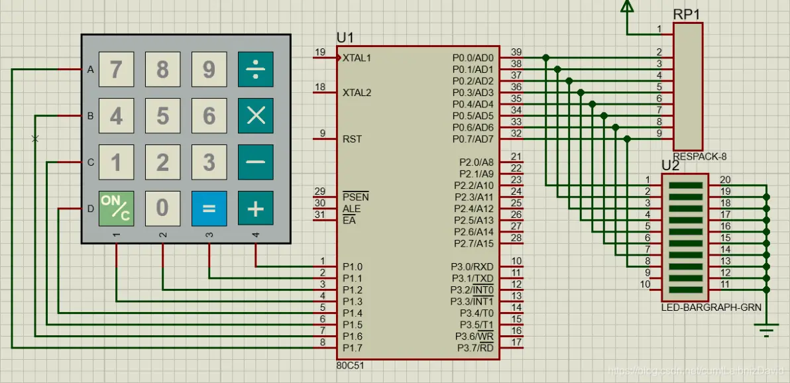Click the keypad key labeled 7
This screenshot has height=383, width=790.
tap(116, 70)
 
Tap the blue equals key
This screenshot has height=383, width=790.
tap(209, 209)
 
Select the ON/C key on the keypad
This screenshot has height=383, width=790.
tap(116, 209)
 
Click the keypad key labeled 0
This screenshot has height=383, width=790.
tap(162, 209)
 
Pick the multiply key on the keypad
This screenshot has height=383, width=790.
tap(255, 116)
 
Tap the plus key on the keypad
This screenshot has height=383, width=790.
tap(255, 209)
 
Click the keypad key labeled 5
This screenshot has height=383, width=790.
tap(162, 116)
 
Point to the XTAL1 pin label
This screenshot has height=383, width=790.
tap(357, 58)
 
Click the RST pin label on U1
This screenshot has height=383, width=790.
tap(352, 139)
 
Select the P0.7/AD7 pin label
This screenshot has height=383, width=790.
tap(473, 139)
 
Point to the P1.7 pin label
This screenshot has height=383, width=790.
tap(352, 348)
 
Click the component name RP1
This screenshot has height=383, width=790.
tap(687, 14)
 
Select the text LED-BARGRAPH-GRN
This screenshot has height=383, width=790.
tap(711, 307)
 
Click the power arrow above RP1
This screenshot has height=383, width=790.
tap(626, 7)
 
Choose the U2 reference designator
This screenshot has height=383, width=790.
tap(671, 165)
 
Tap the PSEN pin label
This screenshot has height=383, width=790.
tap(356, 197)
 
